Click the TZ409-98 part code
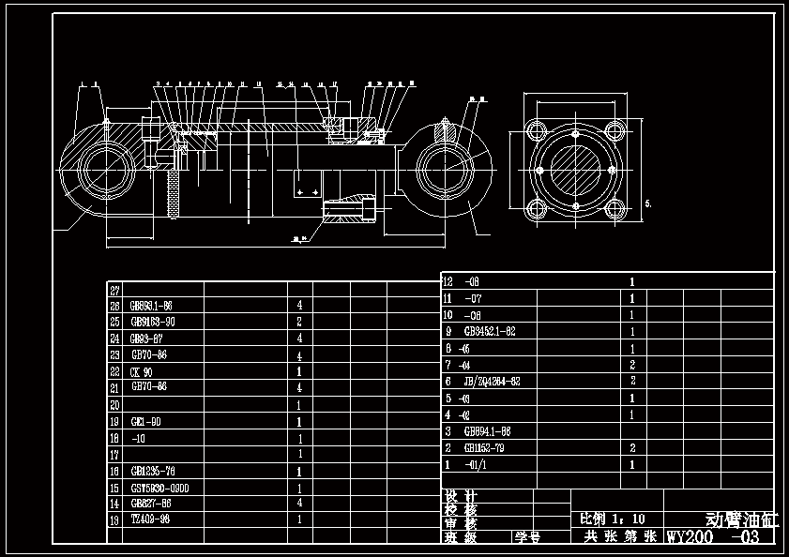click(x=150, y=519)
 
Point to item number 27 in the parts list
click(x=115, y=291)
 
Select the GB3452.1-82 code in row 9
click(x=490, y=331)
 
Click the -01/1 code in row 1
click(x=478, y=464)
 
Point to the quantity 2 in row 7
click(x=632, y=365)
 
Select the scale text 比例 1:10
click(x=614, y=519)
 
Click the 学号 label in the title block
click(x=527, y=537)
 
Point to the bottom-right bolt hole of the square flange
click(x=614, y=208)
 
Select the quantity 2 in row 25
click(x=299, y=322)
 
